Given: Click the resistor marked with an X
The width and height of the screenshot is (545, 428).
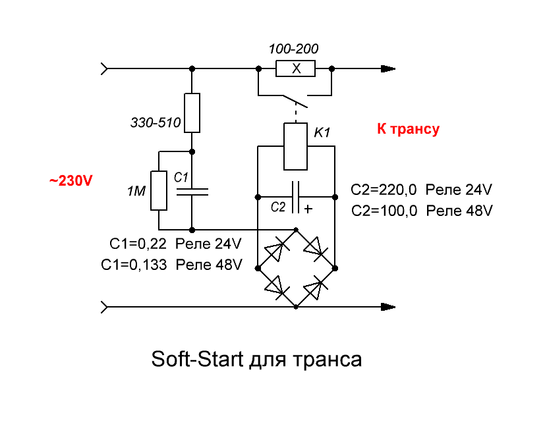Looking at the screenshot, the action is point(295,68).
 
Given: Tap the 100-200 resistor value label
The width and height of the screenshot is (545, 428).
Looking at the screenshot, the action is point(293,49).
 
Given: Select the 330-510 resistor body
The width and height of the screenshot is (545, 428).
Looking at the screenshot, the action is point(192,113).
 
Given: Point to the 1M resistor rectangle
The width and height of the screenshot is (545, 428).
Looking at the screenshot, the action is point(159,191).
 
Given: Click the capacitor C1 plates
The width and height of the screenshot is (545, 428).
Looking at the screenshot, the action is point(192,192).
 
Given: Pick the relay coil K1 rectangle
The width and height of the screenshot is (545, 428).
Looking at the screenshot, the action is point(295,147).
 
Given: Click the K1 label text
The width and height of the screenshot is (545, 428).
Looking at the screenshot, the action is point(322,132).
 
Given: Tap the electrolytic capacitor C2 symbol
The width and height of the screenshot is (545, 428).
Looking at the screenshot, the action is point(295,197).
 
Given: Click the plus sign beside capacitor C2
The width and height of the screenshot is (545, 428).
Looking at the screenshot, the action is point(308,209).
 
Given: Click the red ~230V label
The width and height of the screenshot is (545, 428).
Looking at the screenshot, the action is point(71,180).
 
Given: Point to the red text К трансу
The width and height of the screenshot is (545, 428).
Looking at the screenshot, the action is point(408,129).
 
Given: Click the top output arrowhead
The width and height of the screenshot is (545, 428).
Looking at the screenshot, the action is point(388,68).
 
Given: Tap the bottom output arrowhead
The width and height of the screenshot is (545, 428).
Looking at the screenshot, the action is point(388,307).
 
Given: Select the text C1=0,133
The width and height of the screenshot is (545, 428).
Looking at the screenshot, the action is point(134,265).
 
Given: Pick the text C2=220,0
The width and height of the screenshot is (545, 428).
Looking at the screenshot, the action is point(384,190).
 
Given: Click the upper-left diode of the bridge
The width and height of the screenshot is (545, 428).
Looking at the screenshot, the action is point(277,249).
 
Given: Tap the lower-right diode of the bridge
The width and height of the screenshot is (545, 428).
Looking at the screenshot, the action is point(315,288).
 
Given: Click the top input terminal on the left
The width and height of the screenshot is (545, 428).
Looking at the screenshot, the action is point(104,68).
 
